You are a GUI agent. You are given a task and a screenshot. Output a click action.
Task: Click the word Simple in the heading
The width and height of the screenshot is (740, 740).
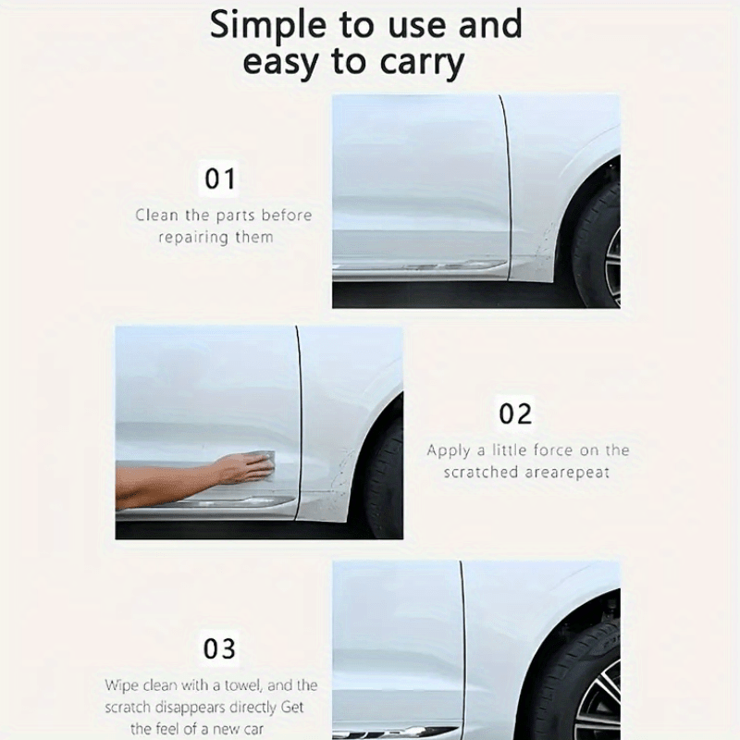click(268, 26)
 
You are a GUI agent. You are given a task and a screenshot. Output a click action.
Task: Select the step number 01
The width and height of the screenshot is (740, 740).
click(219, 179)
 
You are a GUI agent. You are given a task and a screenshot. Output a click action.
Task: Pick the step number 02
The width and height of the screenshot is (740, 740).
click(515, 413)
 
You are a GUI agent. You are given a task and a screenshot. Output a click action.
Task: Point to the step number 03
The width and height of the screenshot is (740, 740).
click(219, 648)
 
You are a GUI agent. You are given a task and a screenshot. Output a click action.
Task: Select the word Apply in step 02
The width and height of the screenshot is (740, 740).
click(449, 451)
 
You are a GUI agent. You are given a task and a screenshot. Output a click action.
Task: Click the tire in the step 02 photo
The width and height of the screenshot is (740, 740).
click(386, 476)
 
